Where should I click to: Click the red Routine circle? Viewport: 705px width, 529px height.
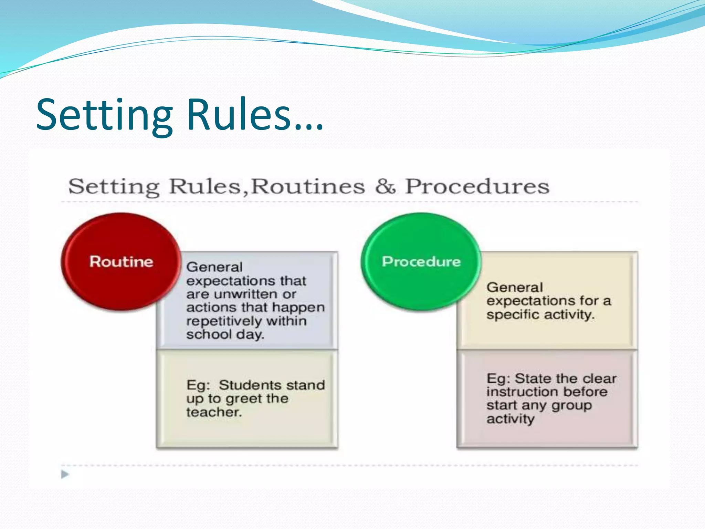click(121, 262)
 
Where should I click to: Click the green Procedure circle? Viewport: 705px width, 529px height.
click(421, 262)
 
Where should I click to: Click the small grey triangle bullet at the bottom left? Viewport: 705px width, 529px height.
click(65, 474)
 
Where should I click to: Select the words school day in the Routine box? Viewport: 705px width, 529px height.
click(225, 334)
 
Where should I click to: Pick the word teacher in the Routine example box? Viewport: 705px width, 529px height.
click(214, 412)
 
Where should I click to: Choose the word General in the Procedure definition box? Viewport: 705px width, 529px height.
click(515, 287)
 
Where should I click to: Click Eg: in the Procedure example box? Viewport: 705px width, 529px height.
click(498, 378)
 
